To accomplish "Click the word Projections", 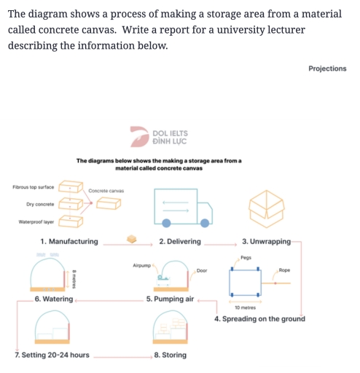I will [327, 68].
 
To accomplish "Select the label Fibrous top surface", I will [33, 187].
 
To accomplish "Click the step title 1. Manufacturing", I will [69, 241].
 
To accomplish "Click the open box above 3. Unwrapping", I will [265, 206].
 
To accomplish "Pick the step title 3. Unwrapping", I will [266, 241].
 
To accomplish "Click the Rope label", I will [284, 270].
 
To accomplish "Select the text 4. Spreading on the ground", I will [259, 319].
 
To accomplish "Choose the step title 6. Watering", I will [53, 299].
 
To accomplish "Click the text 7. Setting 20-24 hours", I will [52, 355].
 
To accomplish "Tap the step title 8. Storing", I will [170, 355].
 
